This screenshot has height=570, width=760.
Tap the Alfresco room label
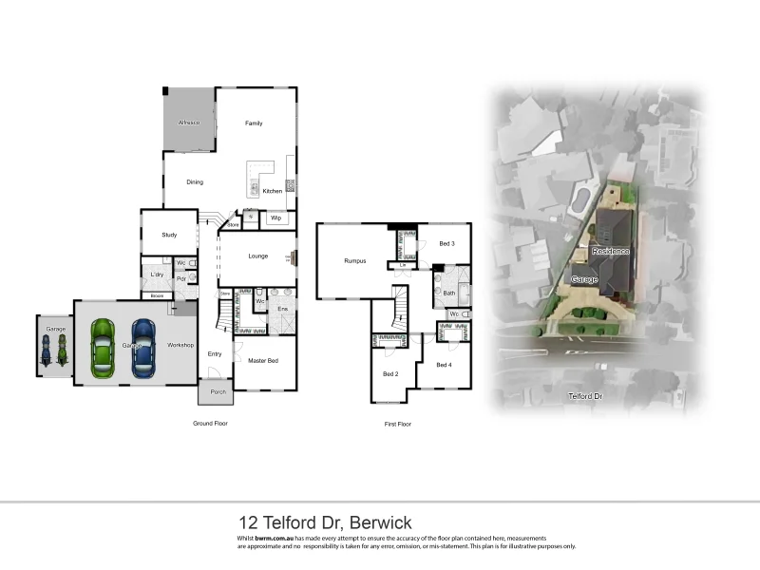189,123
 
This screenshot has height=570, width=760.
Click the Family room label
254,123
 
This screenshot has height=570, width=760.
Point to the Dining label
194,182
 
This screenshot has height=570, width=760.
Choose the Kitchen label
273,191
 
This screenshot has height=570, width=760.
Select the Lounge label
258,256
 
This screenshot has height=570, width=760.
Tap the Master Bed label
263,361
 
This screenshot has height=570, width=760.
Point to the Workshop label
180,345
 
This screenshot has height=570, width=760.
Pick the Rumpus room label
354,260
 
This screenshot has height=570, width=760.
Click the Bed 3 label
446,244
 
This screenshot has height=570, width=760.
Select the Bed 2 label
389,374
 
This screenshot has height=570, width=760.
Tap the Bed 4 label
445,365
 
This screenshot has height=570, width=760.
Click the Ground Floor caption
210,422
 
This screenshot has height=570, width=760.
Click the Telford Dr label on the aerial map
585,395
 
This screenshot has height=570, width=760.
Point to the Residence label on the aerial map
611,251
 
